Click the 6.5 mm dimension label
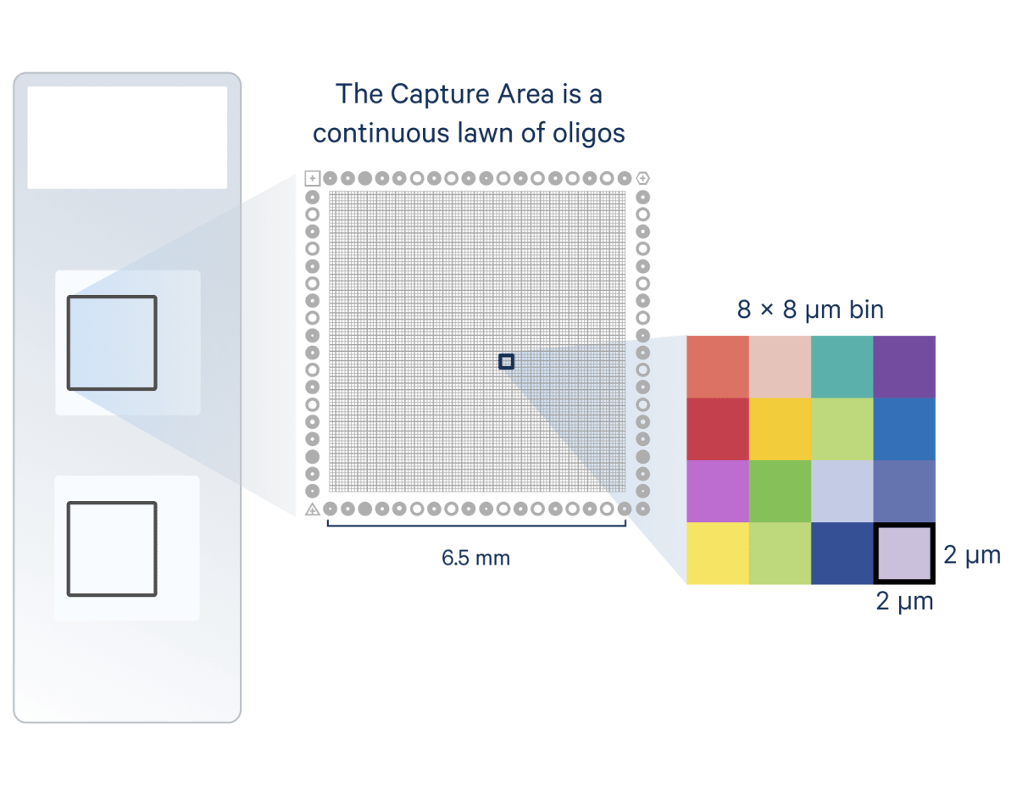(x=475, y=558)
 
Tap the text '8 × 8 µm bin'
(x=810, y=310)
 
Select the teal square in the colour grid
(x=842, y=367)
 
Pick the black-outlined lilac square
(x=903, y=554)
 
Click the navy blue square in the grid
(x=842, y=554)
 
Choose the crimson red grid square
(x=718, y=429)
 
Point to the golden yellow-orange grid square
(x=780, y=429)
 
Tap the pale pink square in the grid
(x=780, y=367)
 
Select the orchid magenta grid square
(x=718, y=491)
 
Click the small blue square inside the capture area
(x=506, y=362)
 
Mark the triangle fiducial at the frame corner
(x=312, y=509)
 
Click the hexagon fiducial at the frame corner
(x=643, y=178)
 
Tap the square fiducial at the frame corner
(x=312, y=178)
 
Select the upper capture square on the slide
(x=112, y=342)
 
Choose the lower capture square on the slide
(x=112, y=548)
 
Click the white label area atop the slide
(x=127, y=137)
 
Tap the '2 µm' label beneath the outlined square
(x=904, y=602)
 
